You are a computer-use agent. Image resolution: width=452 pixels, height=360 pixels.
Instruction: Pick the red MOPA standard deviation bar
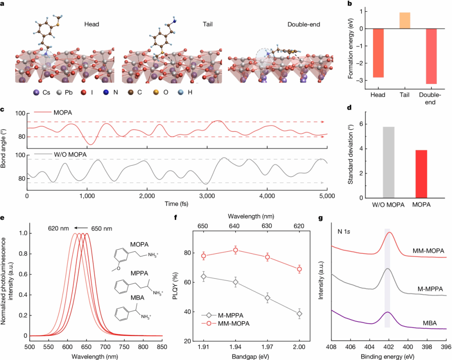coord(421,174)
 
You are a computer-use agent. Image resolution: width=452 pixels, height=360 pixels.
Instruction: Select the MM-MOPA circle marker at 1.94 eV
coord(236,250)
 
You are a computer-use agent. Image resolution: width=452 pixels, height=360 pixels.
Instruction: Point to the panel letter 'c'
coord(3,109)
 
